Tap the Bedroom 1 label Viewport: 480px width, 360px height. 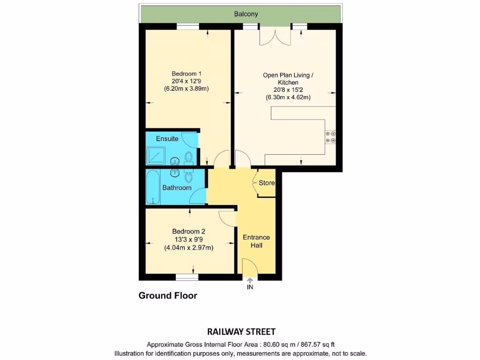pos(187,74)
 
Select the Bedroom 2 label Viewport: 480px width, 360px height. pos(188,232)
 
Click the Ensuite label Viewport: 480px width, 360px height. pos(167,139)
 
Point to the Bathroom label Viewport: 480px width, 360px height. pos(177,188)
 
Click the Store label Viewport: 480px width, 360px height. pos(267,183)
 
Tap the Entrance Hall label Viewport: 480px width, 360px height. pos(256,241)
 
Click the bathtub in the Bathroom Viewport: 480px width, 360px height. pos(153,187)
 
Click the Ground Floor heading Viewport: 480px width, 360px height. pos(168,296)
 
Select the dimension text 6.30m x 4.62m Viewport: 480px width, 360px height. pos(288,97)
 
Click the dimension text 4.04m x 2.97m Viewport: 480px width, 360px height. pos(188,248)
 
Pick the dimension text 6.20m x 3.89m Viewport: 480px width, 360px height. pos(187,89)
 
